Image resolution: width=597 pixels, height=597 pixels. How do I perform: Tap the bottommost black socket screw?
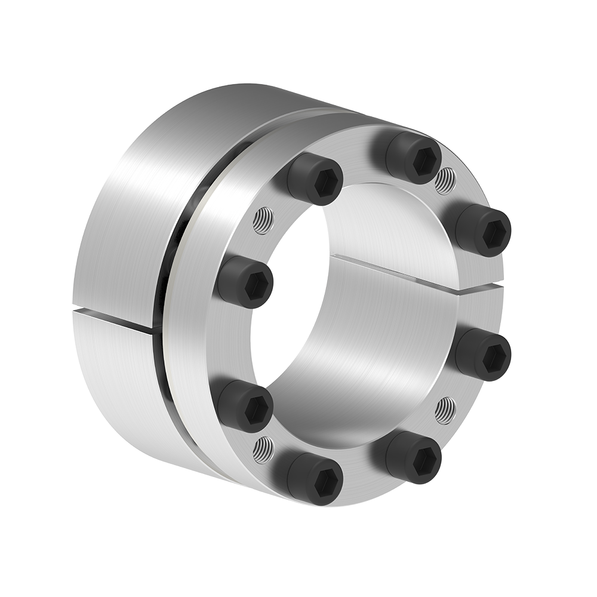tap(315, 478)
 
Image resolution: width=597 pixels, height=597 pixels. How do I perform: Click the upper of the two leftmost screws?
tap(245, 282)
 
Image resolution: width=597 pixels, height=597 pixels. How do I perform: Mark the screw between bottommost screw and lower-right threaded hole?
tap(413, 457)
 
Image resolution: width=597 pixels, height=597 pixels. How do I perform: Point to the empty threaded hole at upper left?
tap(263, 221)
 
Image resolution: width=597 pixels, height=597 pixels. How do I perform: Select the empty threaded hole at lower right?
tap(445, 411)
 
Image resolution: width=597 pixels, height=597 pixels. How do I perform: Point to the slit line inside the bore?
tap(394, 272)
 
